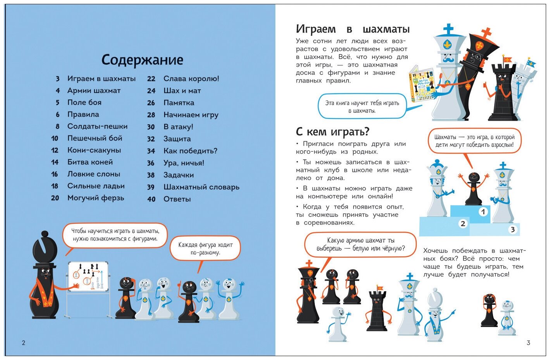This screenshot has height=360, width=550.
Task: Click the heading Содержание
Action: tap(142, 60)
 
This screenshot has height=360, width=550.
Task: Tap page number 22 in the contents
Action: tap(151, 79)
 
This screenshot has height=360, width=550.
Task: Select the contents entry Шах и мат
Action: tap(182, 91)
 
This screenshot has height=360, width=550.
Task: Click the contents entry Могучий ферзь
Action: tap(96, 198)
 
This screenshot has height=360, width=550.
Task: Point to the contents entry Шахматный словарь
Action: tap(201, 187)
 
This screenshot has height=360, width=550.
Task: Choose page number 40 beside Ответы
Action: tap(151, 199)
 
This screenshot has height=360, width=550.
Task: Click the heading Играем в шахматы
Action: tap(352, 29)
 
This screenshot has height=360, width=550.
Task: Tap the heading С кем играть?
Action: tap(332, 132)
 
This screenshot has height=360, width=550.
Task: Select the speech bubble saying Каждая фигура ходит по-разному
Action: tap(205, 249)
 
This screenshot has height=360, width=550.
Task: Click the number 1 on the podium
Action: tap(483, 212)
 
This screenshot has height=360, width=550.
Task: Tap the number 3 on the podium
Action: tap(512, 230)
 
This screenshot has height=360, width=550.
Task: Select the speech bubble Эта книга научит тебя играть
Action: tap(362, 106)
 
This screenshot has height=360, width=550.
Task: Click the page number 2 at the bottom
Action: tap(24, 343)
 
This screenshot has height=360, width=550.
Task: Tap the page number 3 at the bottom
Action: tap(528, 343)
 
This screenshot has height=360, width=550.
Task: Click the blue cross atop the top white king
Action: tap(449, 29)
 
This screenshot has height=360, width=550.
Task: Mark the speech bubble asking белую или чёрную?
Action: tap(360, 244)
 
